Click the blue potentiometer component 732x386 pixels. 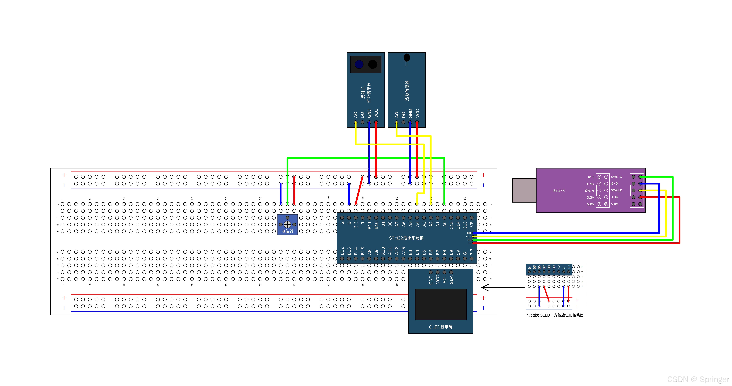[x=287, y=224]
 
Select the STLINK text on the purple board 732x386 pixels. [x=559, y=191]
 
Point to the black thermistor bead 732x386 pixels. [x=407, y=58]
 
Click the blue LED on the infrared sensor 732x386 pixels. [x=359, y=64]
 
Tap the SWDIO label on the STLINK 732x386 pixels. [x=616, y=177]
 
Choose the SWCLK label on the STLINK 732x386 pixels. [x=616, y=190]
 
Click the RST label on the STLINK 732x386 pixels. [x=591, y=177]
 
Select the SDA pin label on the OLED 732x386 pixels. [x=451, y=279]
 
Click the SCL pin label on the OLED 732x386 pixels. [x=444, y=279]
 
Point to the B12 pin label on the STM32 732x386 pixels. [x=342, y=251]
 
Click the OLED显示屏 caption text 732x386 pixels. [x=440, y=327]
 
